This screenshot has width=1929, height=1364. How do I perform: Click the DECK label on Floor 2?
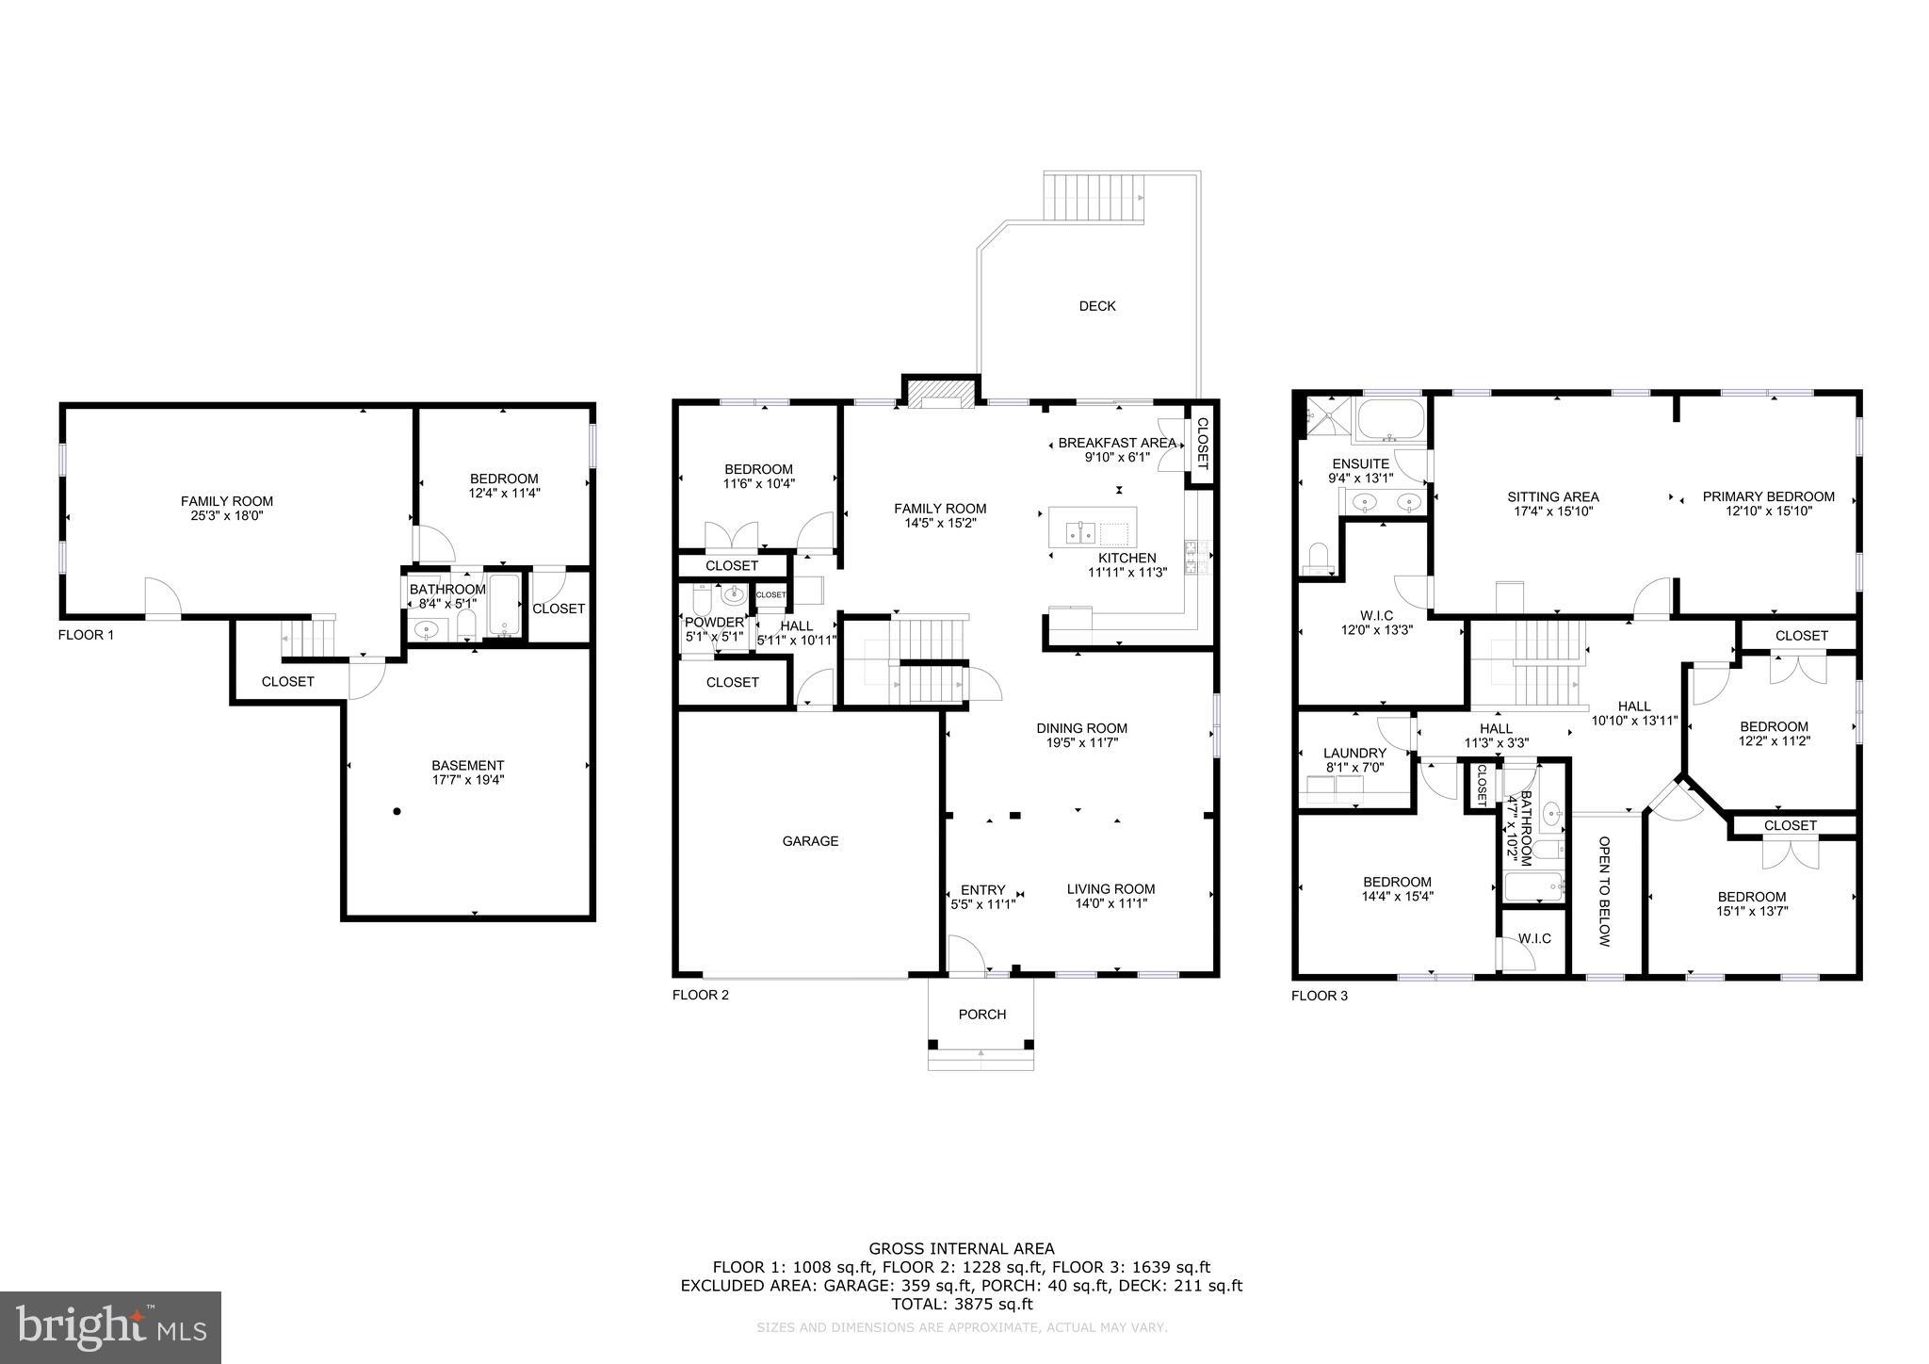click(1096, 306)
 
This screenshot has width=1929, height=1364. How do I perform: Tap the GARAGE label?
click(810, 841)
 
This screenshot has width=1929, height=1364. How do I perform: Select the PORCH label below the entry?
click(982, 1015)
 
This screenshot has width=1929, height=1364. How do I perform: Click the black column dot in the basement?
click(397, 811)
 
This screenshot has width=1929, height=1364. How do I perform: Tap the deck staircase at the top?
click(1093, 196)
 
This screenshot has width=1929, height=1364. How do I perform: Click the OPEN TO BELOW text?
click(1605, 891)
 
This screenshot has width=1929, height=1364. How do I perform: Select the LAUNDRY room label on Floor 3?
click(1354, 753)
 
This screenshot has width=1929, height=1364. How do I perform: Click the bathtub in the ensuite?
click(1390, 420)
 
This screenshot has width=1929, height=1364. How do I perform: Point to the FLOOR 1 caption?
click(86, 635)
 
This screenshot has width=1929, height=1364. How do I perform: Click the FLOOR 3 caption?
click(1319, 996)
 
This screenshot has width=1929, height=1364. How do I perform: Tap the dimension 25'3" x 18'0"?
click(227, 515)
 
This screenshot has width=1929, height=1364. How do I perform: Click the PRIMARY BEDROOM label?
click(1768, 496)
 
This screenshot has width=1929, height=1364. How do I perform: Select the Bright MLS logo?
click(110, 1327)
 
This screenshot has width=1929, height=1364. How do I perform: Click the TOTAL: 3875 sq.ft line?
click(962, 1305)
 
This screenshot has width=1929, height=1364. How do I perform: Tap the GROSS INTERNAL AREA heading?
click(962, 1249)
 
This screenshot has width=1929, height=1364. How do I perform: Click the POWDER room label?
click(714, 623)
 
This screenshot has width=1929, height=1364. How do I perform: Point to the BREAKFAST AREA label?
click(1116, 443)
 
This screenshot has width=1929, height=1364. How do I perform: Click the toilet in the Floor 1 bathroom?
click(466, 625)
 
